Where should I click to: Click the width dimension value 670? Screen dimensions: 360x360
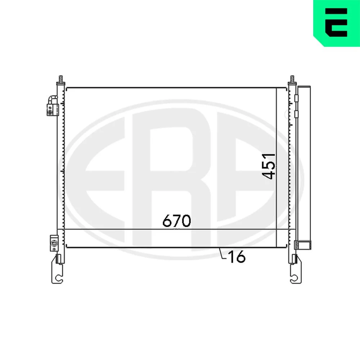[176, 221]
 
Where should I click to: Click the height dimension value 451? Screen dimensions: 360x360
[269, 166]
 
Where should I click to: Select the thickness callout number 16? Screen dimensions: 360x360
[237, 257]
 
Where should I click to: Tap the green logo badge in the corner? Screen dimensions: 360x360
[337, 23]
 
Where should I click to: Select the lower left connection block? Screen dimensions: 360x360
[54, 243]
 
